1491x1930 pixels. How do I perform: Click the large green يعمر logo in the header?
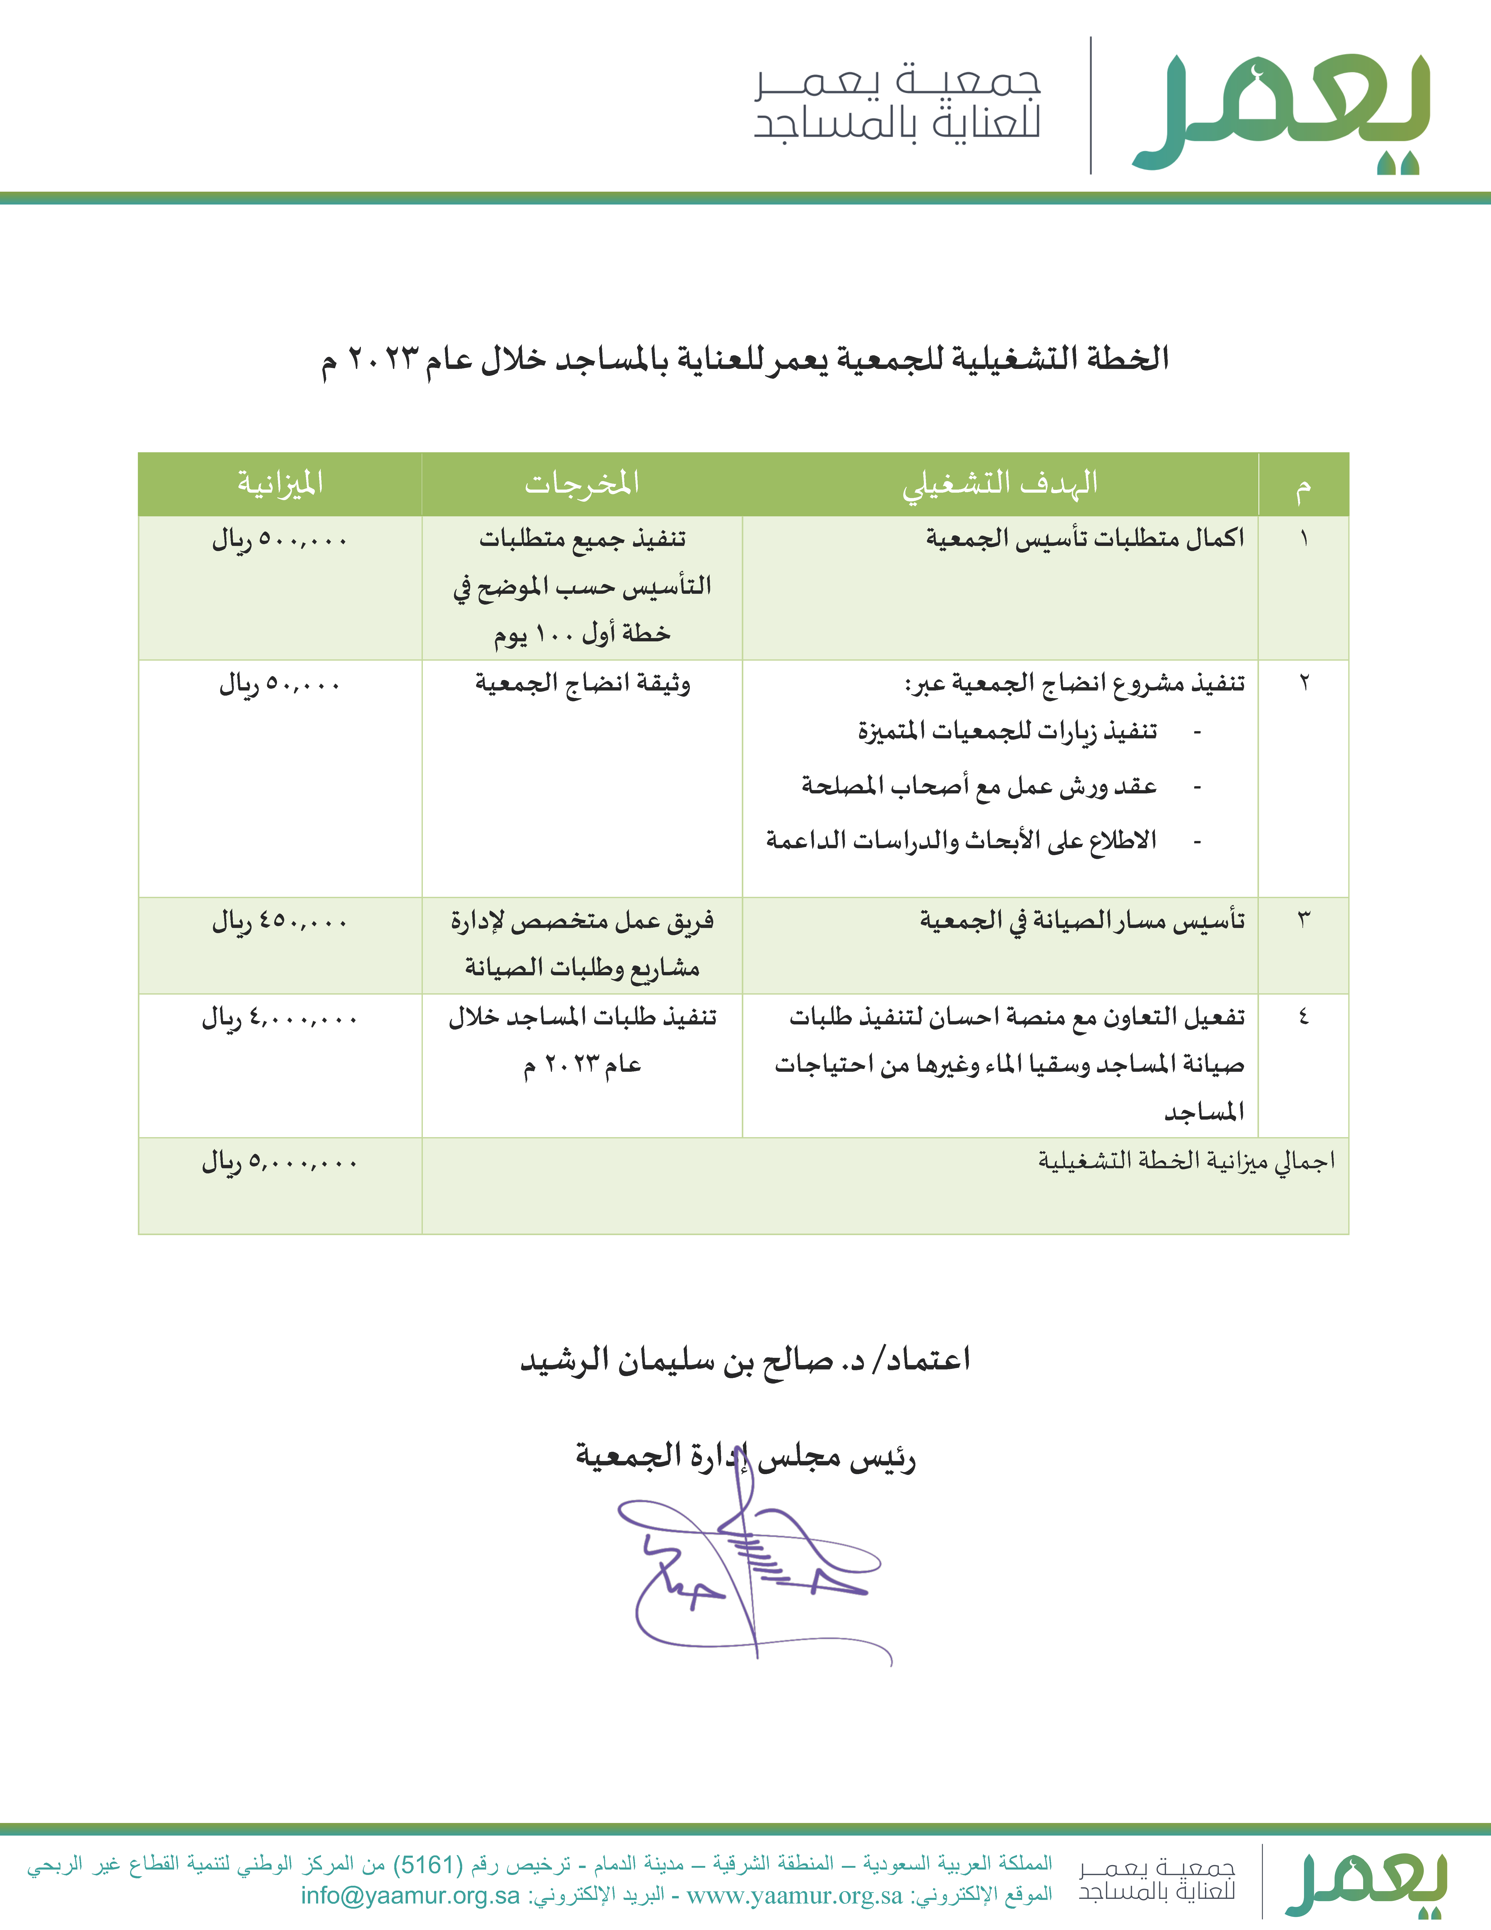coord(1281,110)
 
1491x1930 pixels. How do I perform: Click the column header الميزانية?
coord(280,483)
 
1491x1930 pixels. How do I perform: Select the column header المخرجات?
coord(582,483)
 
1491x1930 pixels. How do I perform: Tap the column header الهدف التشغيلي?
coord(1000,483)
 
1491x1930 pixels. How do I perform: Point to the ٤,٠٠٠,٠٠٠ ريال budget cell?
coord(280,1019)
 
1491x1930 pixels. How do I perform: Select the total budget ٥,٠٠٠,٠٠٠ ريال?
coord(280,1162)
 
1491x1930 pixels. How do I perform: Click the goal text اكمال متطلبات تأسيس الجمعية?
coord(1085,538)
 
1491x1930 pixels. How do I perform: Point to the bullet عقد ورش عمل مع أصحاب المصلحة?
coord(979,786)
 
